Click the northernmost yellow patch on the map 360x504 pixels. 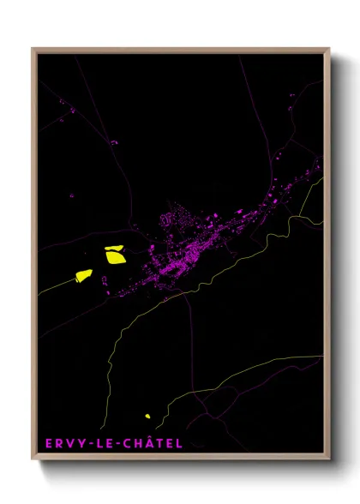[114, 255]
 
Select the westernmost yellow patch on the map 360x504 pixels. [83, 275]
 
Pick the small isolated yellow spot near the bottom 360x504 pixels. [147, 417]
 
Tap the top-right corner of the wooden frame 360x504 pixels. [328, 49]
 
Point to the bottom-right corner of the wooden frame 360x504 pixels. [328, 459]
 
